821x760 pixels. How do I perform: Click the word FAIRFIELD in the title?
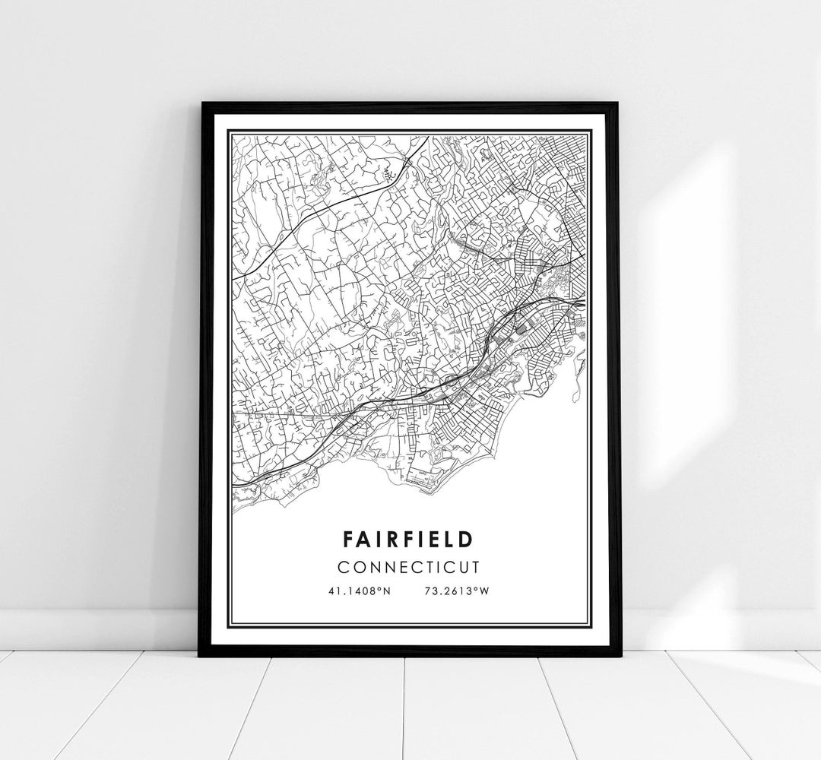coord(408,539)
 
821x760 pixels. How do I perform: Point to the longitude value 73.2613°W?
coord(456,590)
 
